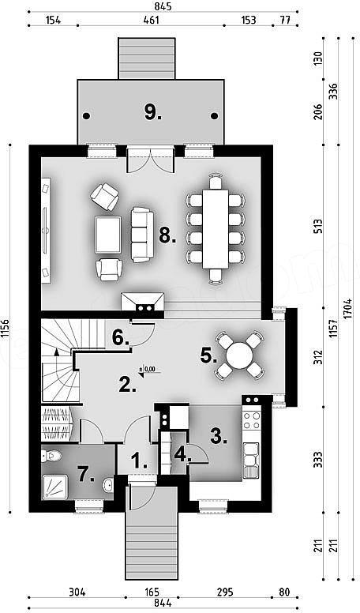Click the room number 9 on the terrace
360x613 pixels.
152,113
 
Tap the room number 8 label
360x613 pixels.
167,235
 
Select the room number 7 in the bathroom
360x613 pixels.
87,475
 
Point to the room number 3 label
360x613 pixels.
219,436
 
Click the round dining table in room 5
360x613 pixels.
239,355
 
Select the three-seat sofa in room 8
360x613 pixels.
141,235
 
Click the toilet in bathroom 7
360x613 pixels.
51,456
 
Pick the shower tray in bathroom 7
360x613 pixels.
54,487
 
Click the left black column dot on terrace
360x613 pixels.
86,115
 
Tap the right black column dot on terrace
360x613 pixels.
214,115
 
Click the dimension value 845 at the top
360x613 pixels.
163,6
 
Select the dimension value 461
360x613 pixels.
151,21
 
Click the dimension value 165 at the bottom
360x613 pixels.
152,592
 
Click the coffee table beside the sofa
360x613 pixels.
108,235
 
